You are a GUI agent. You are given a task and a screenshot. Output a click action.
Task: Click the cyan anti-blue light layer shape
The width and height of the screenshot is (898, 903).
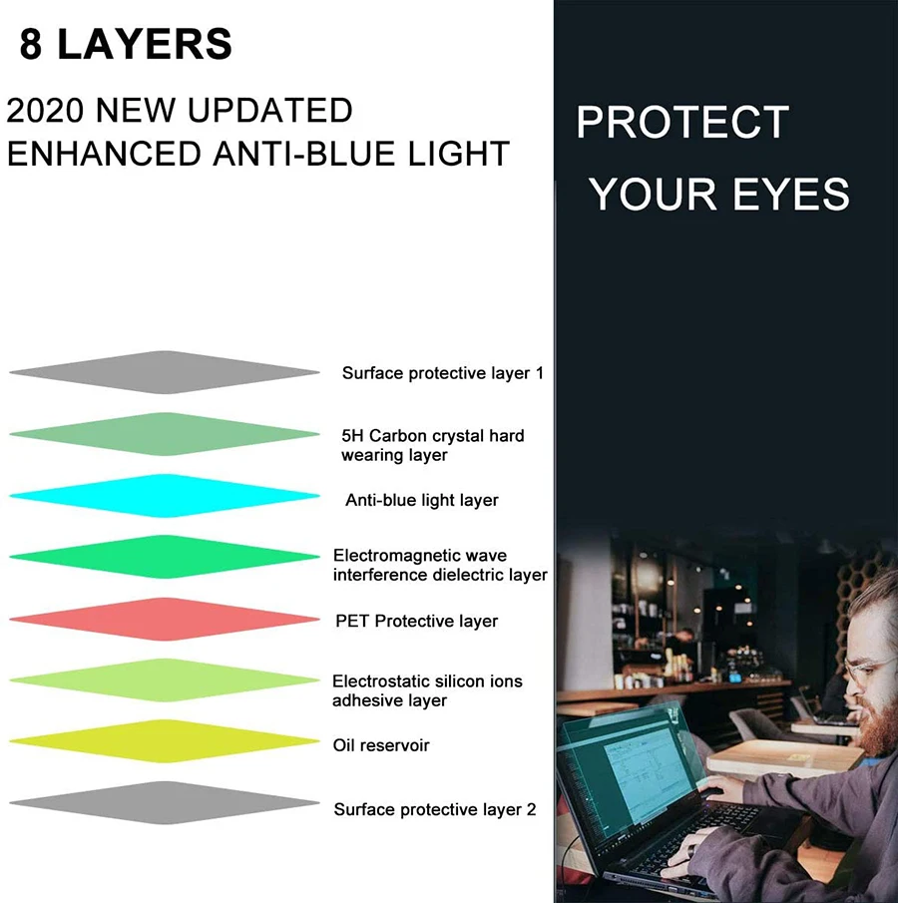165,496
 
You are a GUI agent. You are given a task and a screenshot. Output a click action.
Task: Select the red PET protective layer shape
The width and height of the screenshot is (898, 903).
165,619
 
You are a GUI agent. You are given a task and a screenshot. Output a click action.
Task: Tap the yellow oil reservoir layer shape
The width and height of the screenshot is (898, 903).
165,741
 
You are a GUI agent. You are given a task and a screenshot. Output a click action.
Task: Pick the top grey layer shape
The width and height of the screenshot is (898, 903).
165,372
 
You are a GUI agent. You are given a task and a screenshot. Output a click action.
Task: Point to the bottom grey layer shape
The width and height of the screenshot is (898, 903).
165,803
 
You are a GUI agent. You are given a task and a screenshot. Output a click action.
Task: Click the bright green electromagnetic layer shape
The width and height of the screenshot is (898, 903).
165,557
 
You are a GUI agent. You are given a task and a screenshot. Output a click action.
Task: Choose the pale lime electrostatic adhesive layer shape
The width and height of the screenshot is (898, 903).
165,680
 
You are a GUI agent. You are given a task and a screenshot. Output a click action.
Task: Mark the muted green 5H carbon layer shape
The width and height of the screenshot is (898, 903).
165,434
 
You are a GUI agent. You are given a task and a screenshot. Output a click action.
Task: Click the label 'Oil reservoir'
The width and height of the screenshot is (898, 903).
381,745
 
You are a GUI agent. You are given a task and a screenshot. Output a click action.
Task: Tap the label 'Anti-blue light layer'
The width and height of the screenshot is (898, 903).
422,501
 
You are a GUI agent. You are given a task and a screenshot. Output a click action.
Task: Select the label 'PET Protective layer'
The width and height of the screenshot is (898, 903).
417,622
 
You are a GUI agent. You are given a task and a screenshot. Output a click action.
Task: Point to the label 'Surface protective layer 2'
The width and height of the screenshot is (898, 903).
435,809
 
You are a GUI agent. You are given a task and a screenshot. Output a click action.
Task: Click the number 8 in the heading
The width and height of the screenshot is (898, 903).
31,44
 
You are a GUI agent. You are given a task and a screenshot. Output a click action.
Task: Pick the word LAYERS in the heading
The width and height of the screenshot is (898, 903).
145,44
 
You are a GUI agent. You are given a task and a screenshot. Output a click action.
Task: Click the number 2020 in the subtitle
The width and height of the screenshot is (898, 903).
45,111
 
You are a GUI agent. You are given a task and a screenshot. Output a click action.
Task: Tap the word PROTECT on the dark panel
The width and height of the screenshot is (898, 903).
682,122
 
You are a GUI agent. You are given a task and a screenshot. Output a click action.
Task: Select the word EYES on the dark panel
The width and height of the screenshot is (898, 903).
791,195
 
